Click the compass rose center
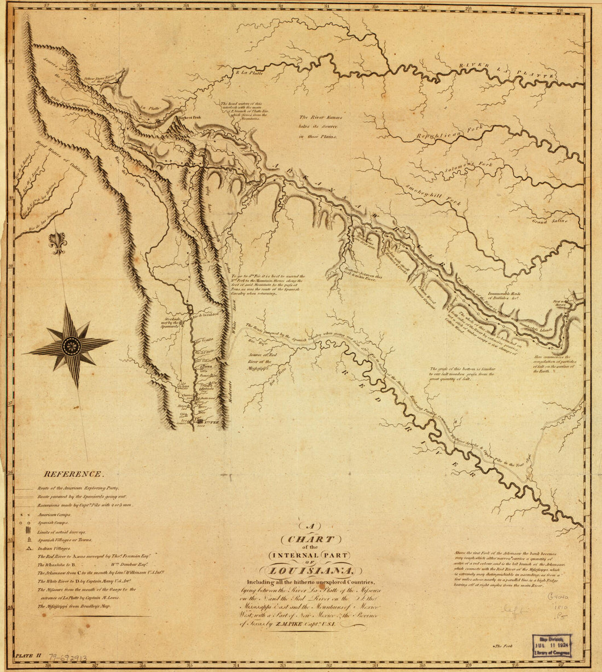[71, 345]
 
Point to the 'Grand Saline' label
[549, 221]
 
